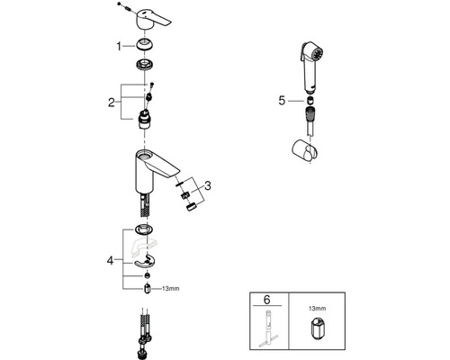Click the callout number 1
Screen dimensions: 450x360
pyautogui.click(x=119, y=47)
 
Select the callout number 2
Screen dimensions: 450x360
pyautogui.click(x=112, y=103)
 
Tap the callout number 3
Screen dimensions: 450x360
pyautogui.click(x=207, y=185)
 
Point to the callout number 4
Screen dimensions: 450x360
pyautogui.click(x=110, y=260)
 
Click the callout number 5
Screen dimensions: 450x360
pyautogui.click(x=282, y=101)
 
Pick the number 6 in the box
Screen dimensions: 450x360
pyautogui.click(x=266, y=300)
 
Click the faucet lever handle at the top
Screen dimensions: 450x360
pyautogui.click(x=152, y=20)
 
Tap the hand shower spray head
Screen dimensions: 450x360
pyautogui.click(x=312, y=67)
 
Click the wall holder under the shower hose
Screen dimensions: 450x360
pyautogui.click(x=305, y=150)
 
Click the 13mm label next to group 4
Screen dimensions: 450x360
pyautogui.click(x=171, y=289)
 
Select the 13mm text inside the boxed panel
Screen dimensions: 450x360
pyautogui.click(x=318, y=308)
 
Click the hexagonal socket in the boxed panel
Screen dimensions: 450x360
pyautogui.click(x=316, y=329)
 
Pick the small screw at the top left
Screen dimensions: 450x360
pyautogui.click(x=120, y=4)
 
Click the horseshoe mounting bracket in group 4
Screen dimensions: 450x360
pyautogui.click(x=145, y=262)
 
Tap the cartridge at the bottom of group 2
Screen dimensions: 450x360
pyautogui.click(x=145, y=120)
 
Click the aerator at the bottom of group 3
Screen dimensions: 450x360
pyautogui.click(x=192, y=207)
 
